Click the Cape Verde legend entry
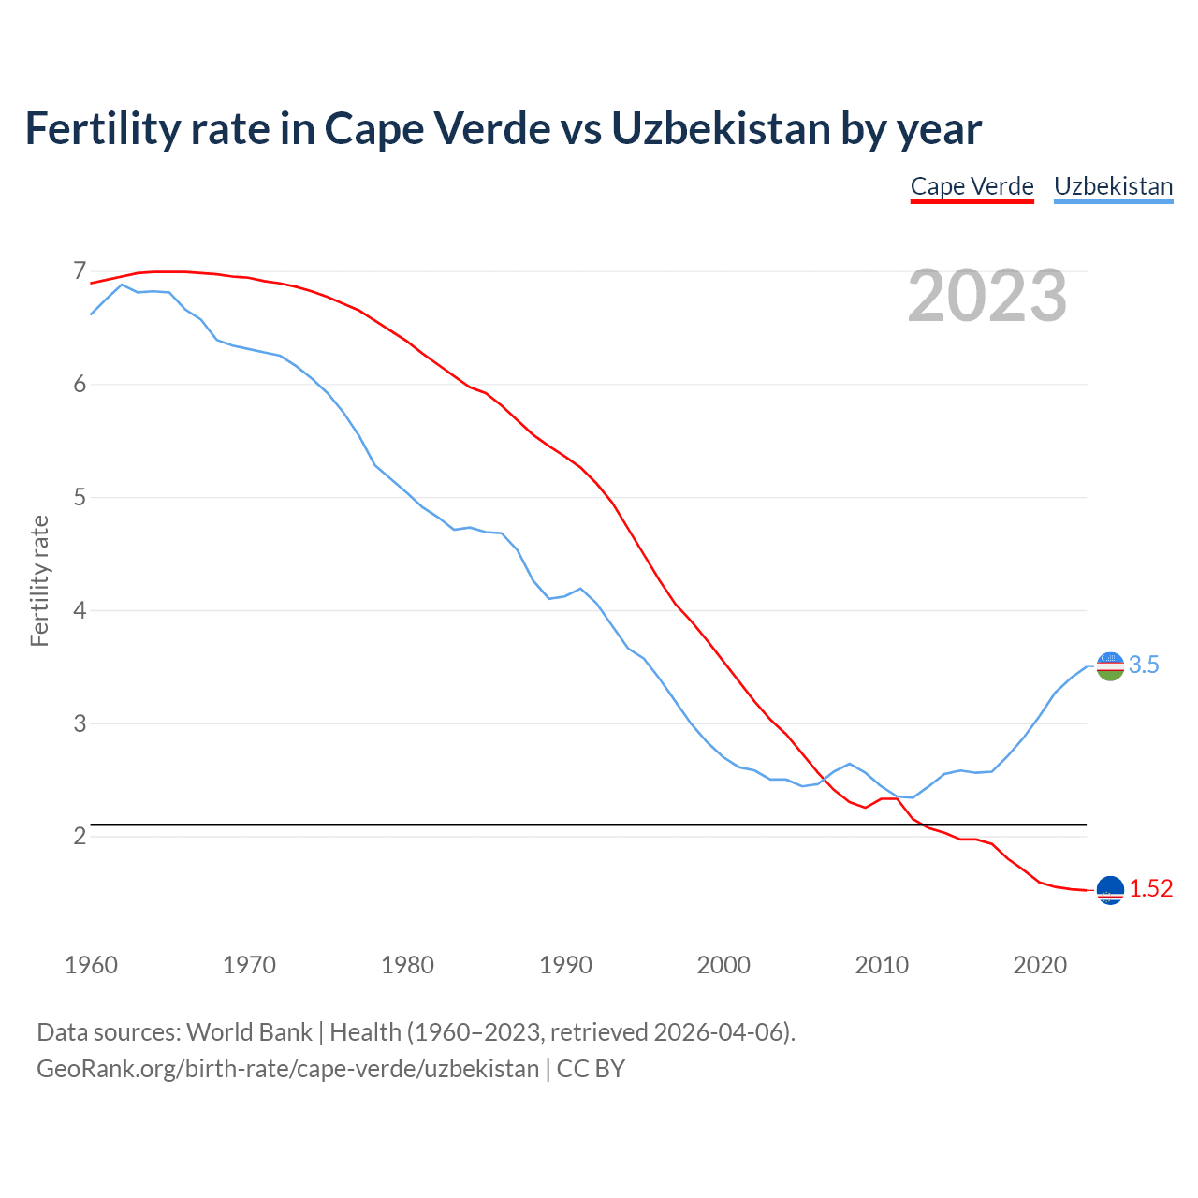pos(972,186)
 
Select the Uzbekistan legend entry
pos(1113,186)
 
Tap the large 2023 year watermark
pos(986,296)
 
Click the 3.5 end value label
pos(1144,665)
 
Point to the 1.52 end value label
pos(1150,889)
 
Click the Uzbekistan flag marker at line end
pos(1110,666)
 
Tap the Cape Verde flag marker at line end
pos(1110,891)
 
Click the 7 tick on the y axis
pos(80,271)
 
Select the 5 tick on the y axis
pos(80,497)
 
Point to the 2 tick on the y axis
pos(80,836)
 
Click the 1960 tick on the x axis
pos(91,965)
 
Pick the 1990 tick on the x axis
pos(565,965)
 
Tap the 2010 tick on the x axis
pos(882,965)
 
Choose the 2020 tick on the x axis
pos(1040,965)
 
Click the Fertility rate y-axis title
pos(39,580)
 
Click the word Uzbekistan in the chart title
pos(721,128)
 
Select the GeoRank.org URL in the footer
pos(287,1069)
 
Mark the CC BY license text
pos(591,1069)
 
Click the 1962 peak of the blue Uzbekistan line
pos(122,285)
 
